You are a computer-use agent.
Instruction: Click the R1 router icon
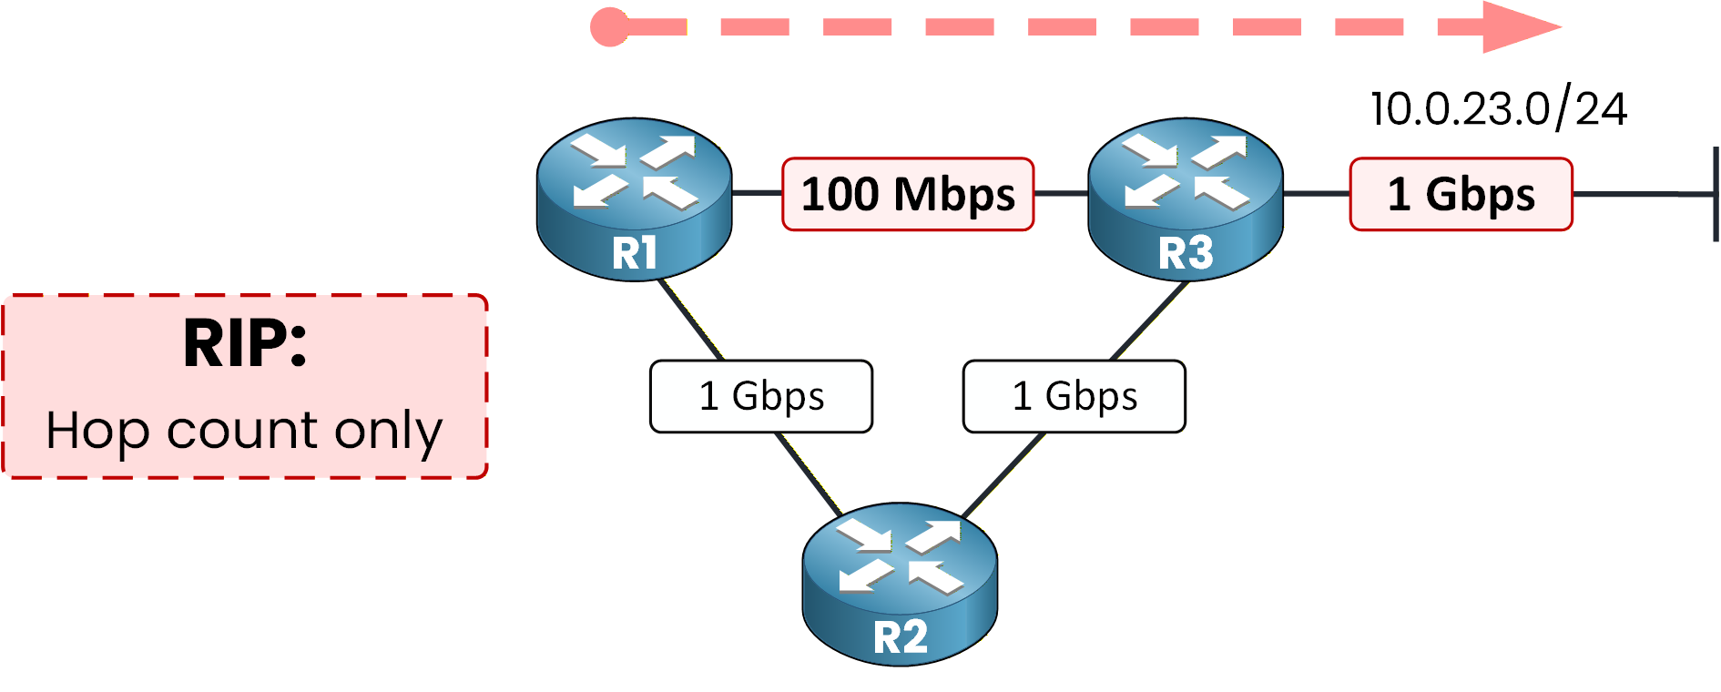click(x=634, y=198)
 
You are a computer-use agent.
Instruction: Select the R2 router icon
click(x=900, y=583)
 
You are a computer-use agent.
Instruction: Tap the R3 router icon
click(x=1185, y=198)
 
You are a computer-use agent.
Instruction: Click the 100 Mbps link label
click(x=908, y=194)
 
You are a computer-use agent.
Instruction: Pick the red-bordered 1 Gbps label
click(x=1461, y=194)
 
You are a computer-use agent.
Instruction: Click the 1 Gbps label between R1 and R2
click(x=760, y=396)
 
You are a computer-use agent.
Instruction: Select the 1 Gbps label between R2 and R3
click(x=1074, y=396)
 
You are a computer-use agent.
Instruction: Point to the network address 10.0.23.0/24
click(x=1498, y=109)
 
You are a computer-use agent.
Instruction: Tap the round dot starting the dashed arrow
click(x=609, y=27)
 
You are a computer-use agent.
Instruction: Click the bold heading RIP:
click(x=245, y=344)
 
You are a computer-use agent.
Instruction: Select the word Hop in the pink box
click(x=97, y=431)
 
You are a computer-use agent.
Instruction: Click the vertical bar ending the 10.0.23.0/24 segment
click(x=1716, y=194)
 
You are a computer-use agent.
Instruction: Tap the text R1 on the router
click(x=634, y=253)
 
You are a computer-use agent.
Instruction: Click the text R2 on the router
click(x=900, y=637)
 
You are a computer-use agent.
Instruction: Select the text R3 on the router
click(x=1185, y=253)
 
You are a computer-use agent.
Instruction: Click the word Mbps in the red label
click(x=954, y=195)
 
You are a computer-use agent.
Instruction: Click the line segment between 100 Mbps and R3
click(x=1062, y=194)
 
